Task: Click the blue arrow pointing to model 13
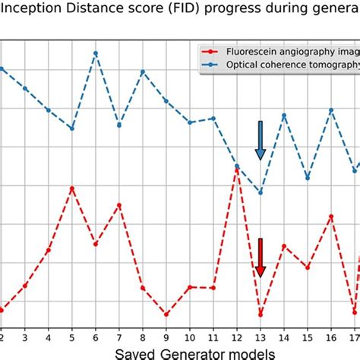[x=260, y=141]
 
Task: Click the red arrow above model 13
[x=260, y=258]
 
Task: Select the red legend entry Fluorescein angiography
[x=273, y=52]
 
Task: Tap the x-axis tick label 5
[x=72, y=336]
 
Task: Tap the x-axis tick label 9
[x=166, y=336]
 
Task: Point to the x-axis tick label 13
[x=260, y=336]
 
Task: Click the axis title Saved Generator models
[x=179, y=352]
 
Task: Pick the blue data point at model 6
[x=96, y=53]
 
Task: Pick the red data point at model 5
[x=72, y=188]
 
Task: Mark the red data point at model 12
[x=237, y=170]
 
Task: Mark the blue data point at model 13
[x=261, y=192]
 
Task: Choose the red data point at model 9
[x=166, y=314]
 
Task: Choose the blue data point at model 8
[x=143, y=72]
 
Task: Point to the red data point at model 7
[x=119, y=205]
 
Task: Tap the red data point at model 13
[x=261, y=314]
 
